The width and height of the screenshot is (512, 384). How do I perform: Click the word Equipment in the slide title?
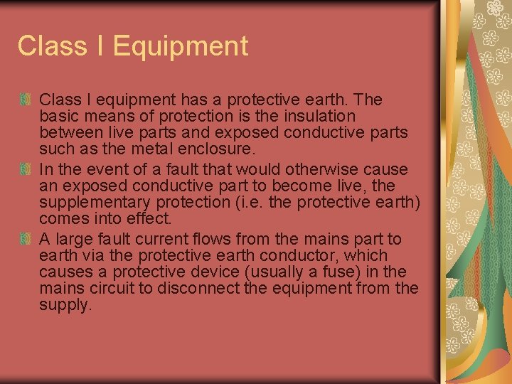click(x=181, y=46)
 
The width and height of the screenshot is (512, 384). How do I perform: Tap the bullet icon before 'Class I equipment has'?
click(x=26, y=100)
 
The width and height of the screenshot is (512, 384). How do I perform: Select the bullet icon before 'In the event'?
click(x=26, y=169)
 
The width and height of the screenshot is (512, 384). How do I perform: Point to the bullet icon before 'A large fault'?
click(x=26, y=239)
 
